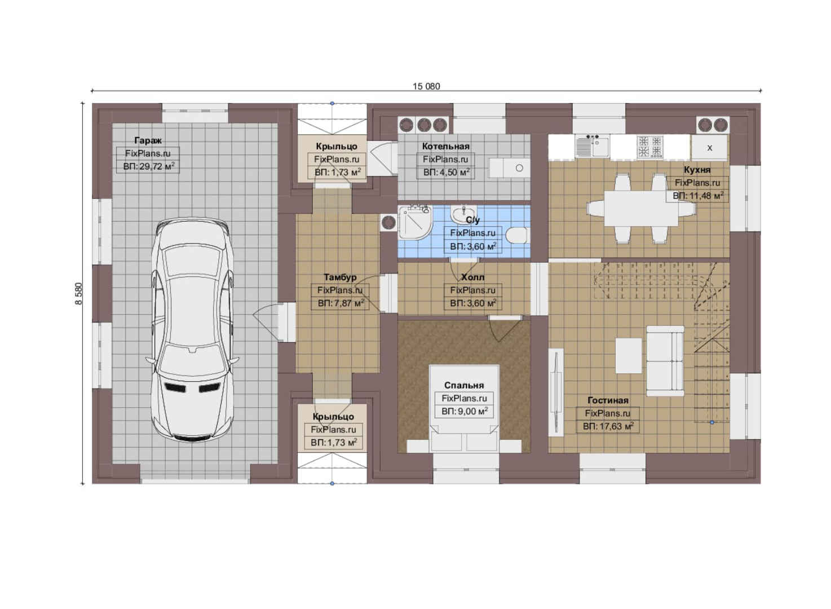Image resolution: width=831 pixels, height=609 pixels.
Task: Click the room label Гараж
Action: [148, 140]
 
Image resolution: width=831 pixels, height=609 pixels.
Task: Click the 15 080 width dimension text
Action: [426, 86]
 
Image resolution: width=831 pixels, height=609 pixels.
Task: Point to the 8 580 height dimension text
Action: [78, 294]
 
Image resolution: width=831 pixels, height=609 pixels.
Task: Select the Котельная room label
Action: [445, 146]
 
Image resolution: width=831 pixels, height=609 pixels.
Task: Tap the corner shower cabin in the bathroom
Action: [415, 223]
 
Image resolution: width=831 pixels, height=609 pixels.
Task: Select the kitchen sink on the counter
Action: [592, 147]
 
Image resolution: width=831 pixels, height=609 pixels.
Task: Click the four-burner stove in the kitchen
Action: [650, 147]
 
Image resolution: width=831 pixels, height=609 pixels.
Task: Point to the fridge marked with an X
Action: [709, 148]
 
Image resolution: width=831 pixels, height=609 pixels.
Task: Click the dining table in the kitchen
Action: [641, 208]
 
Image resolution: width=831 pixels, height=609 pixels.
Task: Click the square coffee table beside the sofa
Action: [629, 355]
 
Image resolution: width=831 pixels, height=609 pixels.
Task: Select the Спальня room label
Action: [464, 385]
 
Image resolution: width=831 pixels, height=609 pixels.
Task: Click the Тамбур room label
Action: [340, 277]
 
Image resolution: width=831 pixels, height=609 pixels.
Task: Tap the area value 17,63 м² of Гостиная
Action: [608, 426]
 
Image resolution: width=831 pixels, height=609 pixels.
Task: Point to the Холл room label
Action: [472, 277]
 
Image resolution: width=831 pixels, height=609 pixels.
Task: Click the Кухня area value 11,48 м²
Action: [698, 196]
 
